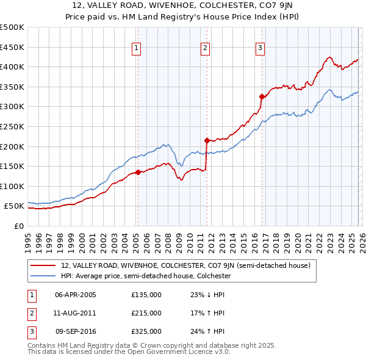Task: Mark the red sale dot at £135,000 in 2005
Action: pyautogui.click(x=138, y=172)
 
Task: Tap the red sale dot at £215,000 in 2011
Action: pyautogui.click(x=207, y=140)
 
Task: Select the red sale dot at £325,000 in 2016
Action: pyautogui.click(x=262, y=96)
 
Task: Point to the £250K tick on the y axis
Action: pyautogui.click(x=12, y=126)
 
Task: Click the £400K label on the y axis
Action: pyautogui.click(x=12, y=67)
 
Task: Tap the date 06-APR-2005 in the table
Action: pyautogui.click(x=76, y=295)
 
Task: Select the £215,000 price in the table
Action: pyautogui.click(x=146, y=313)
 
